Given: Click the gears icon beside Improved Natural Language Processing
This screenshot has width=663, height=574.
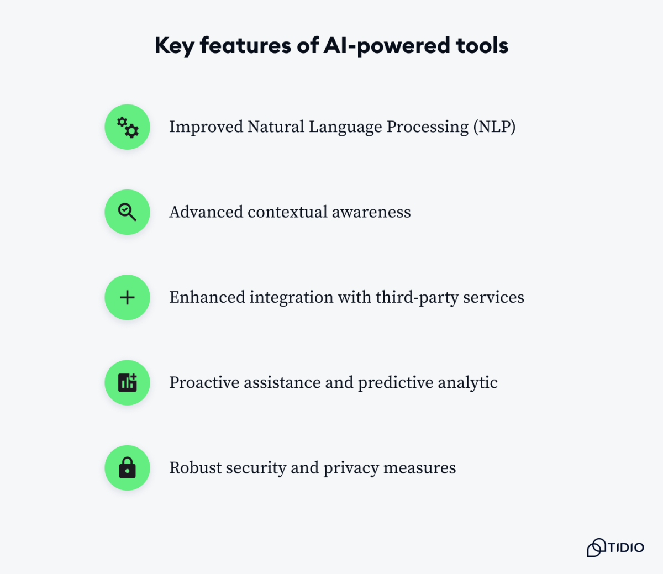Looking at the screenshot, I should [x=128, y=127].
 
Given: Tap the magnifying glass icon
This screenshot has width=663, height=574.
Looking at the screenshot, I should [x=127, y=212].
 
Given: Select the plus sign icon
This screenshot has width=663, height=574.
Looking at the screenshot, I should [x=127, y=298].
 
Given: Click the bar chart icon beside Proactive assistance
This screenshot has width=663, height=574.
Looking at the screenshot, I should [x=127, y=382].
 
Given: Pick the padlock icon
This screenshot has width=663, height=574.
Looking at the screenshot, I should [x=127, y=467].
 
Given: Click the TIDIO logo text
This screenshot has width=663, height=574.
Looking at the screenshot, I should [x=626, y=547].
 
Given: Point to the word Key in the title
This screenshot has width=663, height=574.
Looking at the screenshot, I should [x=174, y=46].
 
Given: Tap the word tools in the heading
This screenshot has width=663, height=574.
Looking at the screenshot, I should [x=482, y=46].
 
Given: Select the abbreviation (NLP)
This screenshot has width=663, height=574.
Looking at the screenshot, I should [x=494, y=127].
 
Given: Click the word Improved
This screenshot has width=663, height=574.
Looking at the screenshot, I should [x=206, y=127].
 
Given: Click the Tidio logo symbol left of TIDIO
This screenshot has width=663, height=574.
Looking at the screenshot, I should [x=596, y=547].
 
